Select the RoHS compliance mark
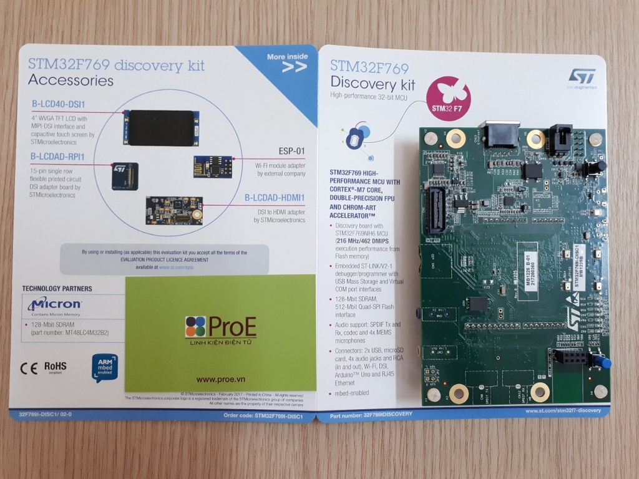tap(56, 366)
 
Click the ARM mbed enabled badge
tap(104, 367)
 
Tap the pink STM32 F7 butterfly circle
tap(447, 99)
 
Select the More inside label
tap(288, 57)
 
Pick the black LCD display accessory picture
tap(161, 128)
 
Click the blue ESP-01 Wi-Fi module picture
tap(213, 167)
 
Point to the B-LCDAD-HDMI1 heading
tap(275, 198)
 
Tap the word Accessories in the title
tap(71, 80)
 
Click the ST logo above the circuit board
tap(582, 76)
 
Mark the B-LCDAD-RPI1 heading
tap(57, 156)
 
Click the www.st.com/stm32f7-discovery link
tap(563, 411)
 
